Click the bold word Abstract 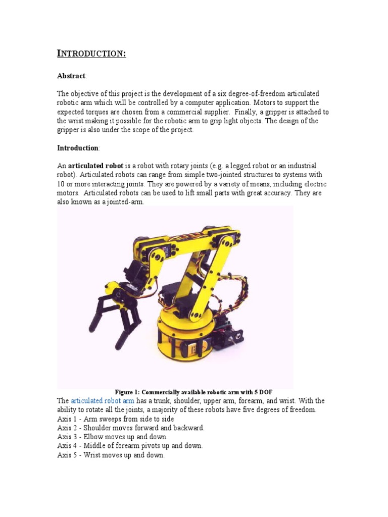point(71,76)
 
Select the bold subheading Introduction point(78,148)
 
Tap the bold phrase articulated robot point(95,166)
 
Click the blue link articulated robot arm point(103,401)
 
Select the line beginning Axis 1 point(116,419)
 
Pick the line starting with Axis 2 point(131,428)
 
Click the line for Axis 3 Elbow point(112,437)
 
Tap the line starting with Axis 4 point(130,446)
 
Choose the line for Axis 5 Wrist point(111,455)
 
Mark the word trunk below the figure point(165,401)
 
